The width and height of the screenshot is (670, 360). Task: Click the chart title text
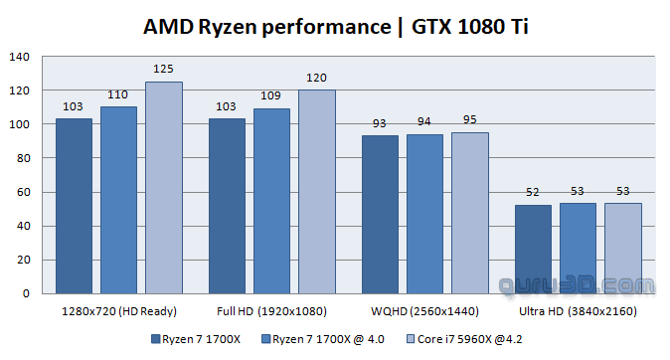[x=335, y=27]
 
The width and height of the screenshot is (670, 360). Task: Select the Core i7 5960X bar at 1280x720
[x=164, y=188]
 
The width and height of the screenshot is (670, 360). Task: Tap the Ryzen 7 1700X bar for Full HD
[x=227, y=206]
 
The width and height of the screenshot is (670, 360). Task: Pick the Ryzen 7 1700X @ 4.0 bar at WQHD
[x=424, y=214]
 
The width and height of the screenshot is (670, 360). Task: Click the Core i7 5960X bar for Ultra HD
[x=623, y=249]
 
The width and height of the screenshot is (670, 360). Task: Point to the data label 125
[x=163, y=69]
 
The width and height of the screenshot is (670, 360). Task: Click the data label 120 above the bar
[x=316, y=78]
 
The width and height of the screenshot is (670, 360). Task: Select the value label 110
[x=117, y=94]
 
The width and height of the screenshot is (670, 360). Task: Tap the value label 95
[x=469, y=119]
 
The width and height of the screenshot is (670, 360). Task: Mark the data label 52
[x=533, y=192]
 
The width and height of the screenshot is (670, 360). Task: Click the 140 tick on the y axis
[x=19, y=57]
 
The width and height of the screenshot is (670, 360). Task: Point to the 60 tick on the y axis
[x=23, y=192]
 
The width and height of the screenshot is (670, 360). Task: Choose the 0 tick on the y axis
[x=27, y=293]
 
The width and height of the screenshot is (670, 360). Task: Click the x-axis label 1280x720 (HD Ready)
[x=119, y=311]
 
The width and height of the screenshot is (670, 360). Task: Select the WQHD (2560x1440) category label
[x=424, y=311]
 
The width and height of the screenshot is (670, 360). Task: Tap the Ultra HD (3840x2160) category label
[x=578, y=311]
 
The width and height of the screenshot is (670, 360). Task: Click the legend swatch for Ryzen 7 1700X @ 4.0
[x=265, y=339]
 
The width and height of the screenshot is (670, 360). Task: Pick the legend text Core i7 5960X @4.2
[x=469, y=339]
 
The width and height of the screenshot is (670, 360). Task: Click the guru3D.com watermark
[x=577, y=286]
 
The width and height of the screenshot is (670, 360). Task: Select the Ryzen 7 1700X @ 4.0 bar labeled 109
[x=271, y=201]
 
